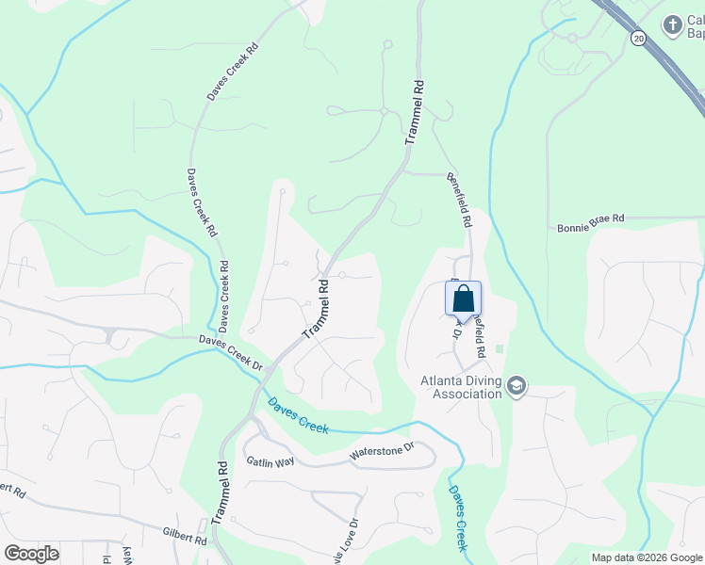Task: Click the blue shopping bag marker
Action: (x=463, y=299)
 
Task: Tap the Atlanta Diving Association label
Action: (x=461, y=387)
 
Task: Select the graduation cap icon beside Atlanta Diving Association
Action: (x=516, y=385)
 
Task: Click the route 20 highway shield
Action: (x=638, y=38)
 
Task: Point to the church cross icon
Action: (x=672, y=24)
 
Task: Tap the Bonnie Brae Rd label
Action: (x=591, y=218)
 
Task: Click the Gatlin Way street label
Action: (x=271, y=460)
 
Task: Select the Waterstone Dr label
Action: (x=382, y=452)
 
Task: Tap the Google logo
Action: (x=32, y=553)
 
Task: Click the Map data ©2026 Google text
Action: (x=647, y=557)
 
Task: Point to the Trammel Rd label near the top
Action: (x=414, y=111)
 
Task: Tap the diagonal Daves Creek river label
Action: (x=298, y=415)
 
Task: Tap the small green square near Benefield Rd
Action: (x=499, y=349)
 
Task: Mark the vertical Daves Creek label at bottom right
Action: (x=456, y=518)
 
